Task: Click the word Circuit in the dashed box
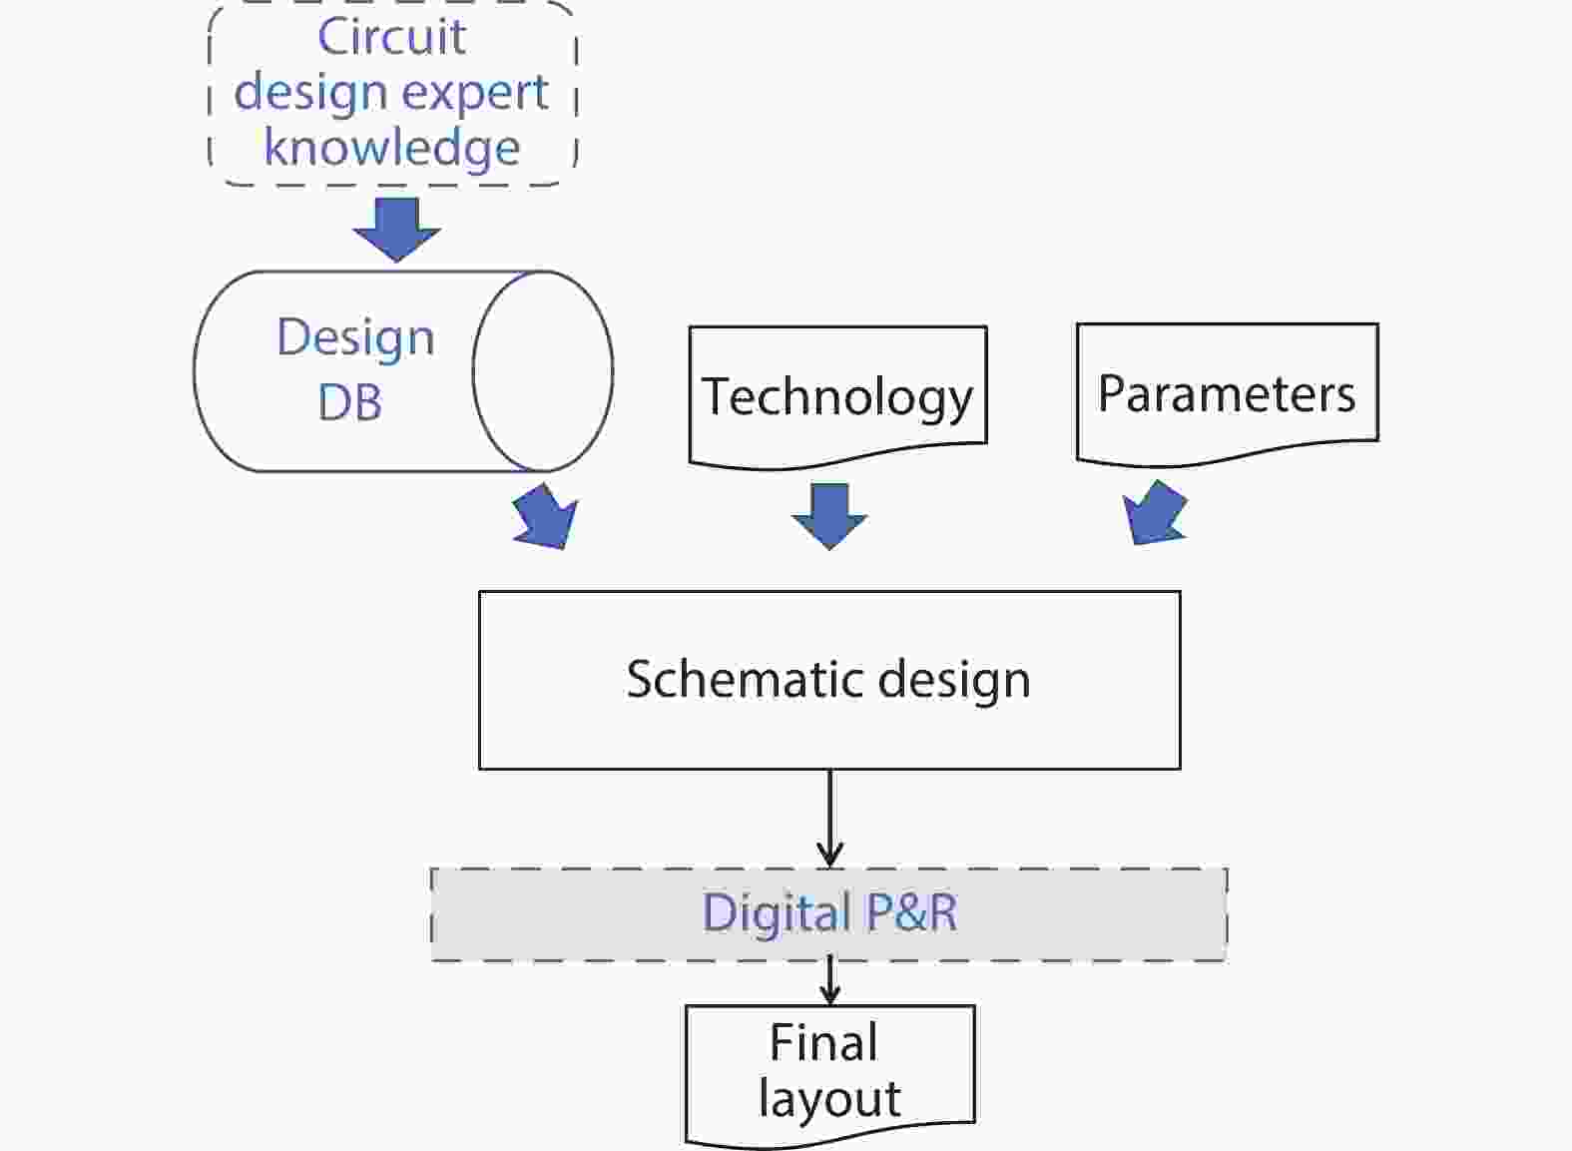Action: pyautogui.click(x=391, y=37)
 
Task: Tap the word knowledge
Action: pyautogui.click(x=391, y=148)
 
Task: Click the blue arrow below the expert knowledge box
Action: pyautogui.click(x=396, y=229)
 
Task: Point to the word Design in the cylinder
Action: pyautogui.click(x=355, y=337)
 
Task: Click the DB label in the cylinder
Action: pyautogui.click(x=350, y=402)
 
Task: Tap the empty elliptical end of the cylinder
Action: pyautogui.click(x=543, y=371)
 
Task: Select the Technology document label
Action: pyautogui.click(x=837, y=396)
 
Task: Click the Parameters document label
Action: pyautogui.click(x=1227, y=393)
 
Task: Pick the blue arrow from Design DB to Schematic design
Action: pyautogui.click(x=547, y=517)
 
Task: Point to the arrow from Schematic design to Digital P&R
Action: pyautogui.click(x=829, y=819)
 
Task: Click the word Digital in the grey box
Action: pyautogui.click(x=776, y=913)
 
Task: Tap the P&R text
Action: pyautogui.click(x=911, y=912)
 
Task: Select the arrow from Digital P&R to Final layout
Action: pyautogui.click(x=829, y=981)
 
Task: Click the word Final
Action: pyautogui.click(x=823, y=1042)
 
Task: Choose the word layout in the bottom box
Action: pyautogui.click(x=829, y=1098)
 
